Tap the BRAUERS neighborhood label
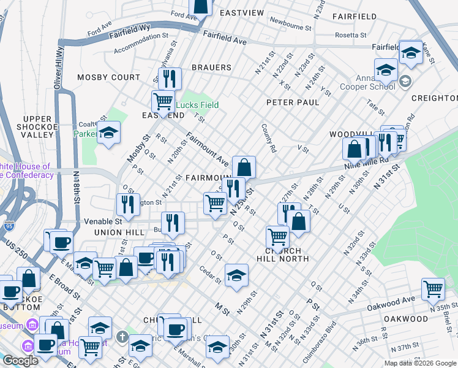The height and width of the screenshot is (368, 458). pos(211,67)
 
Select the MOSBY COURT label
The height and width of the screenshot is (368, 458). pos(108,78)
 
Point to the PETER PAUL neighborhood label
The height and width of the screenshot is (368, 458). pos(292,102)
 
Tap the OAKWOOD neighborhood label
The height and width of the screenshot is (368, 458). pos(405,319)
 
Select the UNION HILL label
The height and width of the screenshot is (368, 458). pos(119,232)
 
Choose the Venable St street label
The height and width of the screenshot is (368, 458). pos(107,221)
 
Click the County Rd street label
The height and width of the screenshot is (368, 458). pos(268,138)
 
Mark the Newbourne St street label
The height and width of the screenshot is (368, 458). pos(290,26)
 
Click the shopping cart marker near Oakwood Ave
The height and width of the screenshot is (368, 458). pos(433,288)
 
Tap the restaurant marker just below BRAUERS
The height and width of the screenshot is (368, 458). pos(170,79)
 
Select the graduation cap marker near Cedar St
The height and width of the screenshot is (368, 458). pos(236,275)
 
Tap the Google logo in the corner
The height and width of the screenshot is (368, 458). pos(20,361)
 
